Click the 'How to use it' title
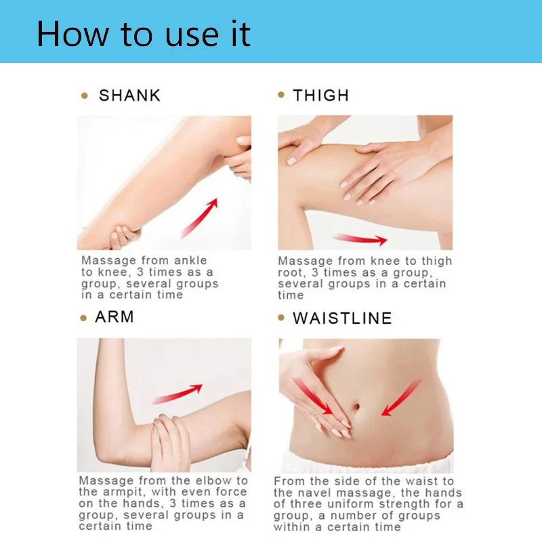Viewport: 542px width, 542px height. click(x=144, y=33)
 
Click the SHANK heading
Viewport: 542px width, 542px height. click(x=130, y=96)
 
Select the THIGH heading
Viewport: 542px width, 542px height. click(x=320, y=96)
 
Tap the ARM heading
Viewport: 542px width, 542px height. click(x=114, y=317)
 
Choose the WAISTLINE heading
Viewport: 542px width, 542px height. click(x=342, y=318)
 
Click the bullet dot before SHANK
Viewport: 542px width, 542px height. click(x=85, y=96)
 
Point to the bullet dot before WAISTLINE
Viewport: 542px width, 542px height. click(x=281, y=318)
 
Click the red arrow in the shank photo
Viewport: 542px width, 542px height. click(x=200, y=215)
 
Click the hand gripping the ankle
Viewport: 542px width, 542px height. click(x=122, y=236)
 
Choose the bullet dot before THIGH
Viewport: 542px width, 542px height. click(x=281, y=96)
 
